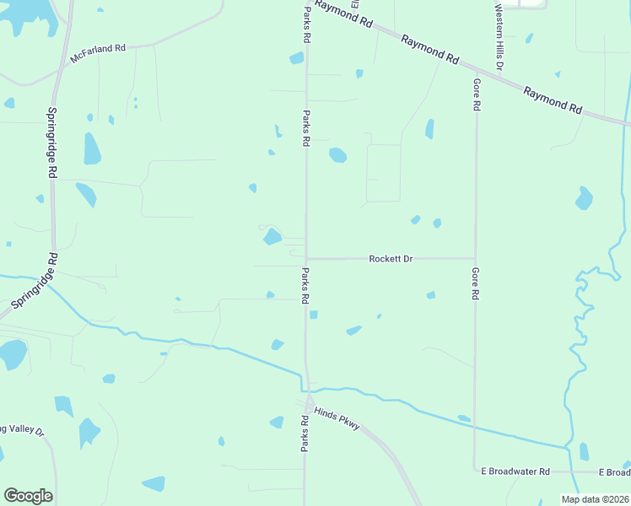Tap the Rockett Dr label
coord(391,259)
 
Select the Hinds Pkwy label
coord(337,418)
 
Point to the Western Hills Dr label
coord(499,38)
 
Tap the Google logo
coord(28,496)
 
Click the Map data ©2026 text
coord(595,499)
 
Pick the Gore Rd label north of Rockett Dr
coord(477,96)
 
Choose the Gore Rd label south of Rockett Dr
coord(476,285)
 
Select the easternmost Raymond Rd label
coord(553,100)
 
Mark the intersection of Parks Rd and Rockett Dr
coord(305,259)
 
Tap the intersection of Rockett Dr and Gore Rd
coord(475,259)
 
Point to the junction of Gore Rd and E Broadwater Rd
coord(474,471)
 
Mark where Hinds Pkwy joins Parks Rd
coord(307,395)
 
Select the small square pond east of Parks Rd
coord(314,315)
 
